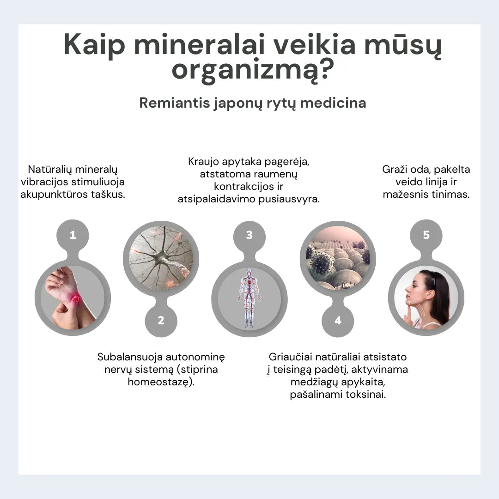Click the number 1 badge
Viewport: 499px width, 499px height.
coord(73,235)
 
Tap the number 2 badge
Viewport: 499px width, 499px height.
coord(161,320)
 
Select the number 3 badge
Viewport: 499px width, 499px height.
coord(249,235)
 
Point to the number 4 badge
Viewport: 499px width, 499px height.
coord(338,320)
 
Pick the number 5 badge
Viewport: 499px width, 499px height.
coord(426,235)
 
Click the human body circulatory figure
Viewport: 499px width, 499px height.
coord(249,298)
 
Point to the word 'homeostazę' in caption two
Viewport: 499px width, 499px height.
coord(159,382)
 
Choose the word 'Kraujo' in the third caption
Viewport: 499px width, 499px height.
coord(204,162)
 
